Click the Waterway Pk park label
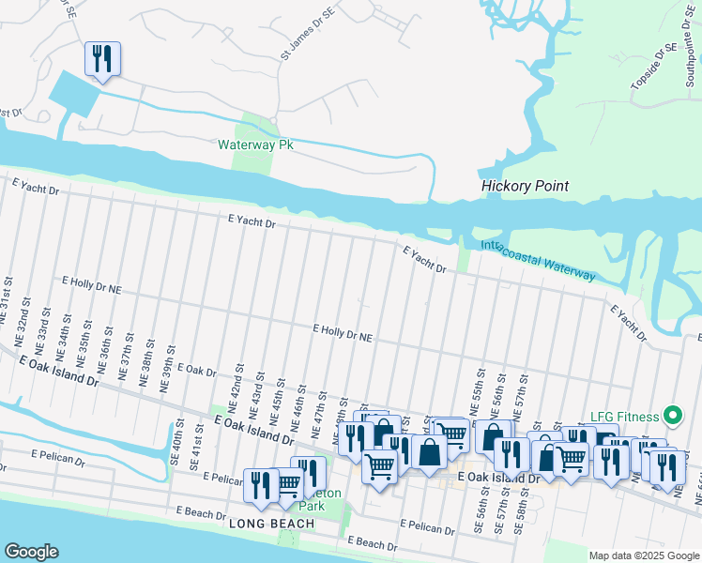tap(251, 145)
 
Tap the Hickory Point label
tap(525, 186)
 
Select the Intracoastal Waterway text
tap(538, 261)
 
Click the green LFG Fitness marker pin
tap(671, 414)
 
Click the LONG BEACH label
tap(266, 525)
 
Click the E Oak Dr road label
tap(196, 371)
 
